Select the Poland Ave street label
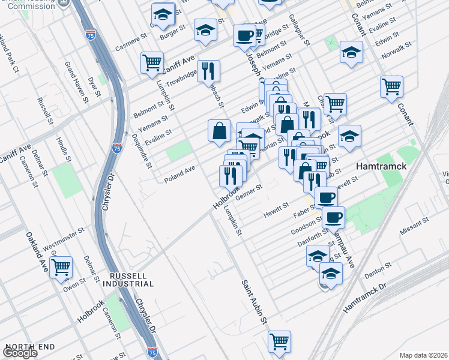[181, 170]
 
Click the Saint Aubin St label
[255, 302]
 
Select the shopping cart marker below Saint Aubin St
[279, 341]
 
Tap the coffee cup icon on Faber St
[326, 197]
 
